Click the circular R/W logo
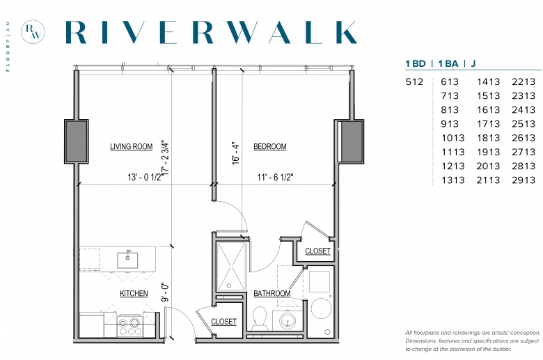[x=33, y=32]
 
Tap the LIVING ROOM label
[x=132, y=146]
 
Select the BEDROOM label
[x=270, y=146]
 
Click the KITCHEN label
[x=134, y=293]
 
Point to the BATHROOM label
[x=271, y=293]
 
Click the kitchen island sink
[x=127, y=260]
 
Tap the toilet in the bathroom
[x=260, y=318]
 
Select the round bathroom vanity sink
[x=287, y=321]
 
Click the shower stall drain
[x=229, y=285]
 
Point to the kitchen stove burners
[x=129, y=326]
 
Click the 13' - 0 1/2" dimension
[x=144, y=177]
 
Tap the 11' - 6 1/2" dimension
[x=275, y=177]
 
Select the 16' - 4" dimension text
[x=235, y=152]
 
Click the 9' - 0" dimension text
[x=166, y=292]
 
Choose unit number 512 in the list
[x=414, y=81]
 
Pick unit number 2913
[x=524, y=180]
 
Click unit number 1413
[x=488, y=81]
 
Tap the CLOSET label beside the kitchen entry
[x=223, y=322]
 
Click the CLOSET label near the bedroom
[x=317, y=251]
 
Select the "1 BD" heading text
[x=416, y=64]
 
